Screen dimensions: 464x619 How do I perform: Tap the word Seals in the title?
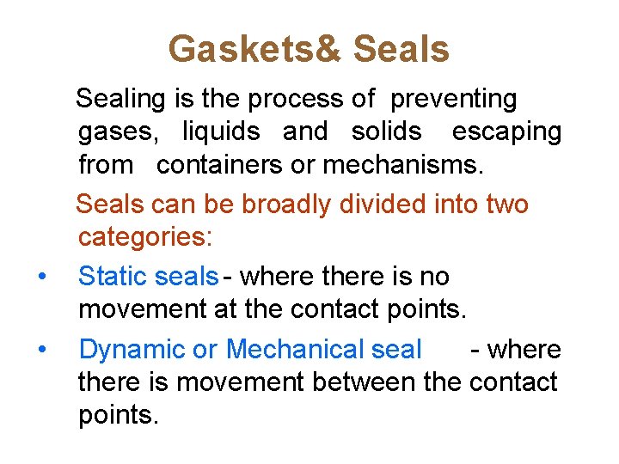click(401, 50)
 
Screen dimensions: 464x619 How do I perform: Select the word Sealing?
click(120, 100)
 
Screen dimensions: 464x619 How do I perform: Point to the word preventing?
click(454, 100)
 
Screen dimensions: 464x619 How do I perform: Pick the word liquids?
click(221, 131)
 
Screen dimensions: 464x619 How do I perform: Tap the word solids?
click(386, 131)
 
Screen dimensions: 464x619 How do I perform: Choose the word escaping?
click(506, 132)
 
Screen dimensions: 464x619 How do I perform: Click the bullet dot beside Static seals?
click(41, 277)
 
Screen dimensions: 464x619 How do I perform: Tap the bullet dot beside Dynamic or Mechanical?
click(41, 350)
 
